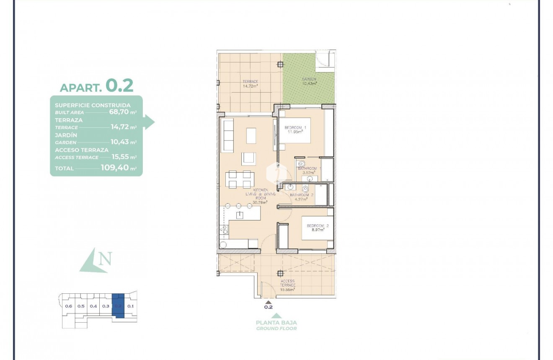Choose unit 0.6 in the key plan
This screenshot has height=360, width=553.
pyautogui.click(x=69, y=306)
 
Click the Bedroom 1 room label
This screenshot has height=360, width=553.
pyautogui.click(x=296, y=129)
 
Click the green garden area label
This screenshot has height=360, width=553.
pyautogui.click(x=309, y=81)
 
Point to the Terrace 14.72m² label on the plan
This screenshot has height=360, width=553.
pyautogui.click(x=250, y=83)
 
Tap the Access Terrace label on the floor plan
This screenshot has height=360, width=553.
pyautogui.click(x=288, y=283)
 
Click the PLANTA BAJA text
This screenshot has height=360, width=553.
pyautogui.click(x=276, y=323)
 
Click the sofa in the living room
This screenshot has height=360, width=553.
pyautogui.click(x=227, y=135)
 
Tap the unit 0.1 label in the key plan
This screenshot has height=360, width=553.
pyautogui.click(x=130, y=306)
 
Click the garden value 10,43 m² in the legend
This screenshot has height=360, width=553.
pyautogui.click(x=124, y=142)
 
